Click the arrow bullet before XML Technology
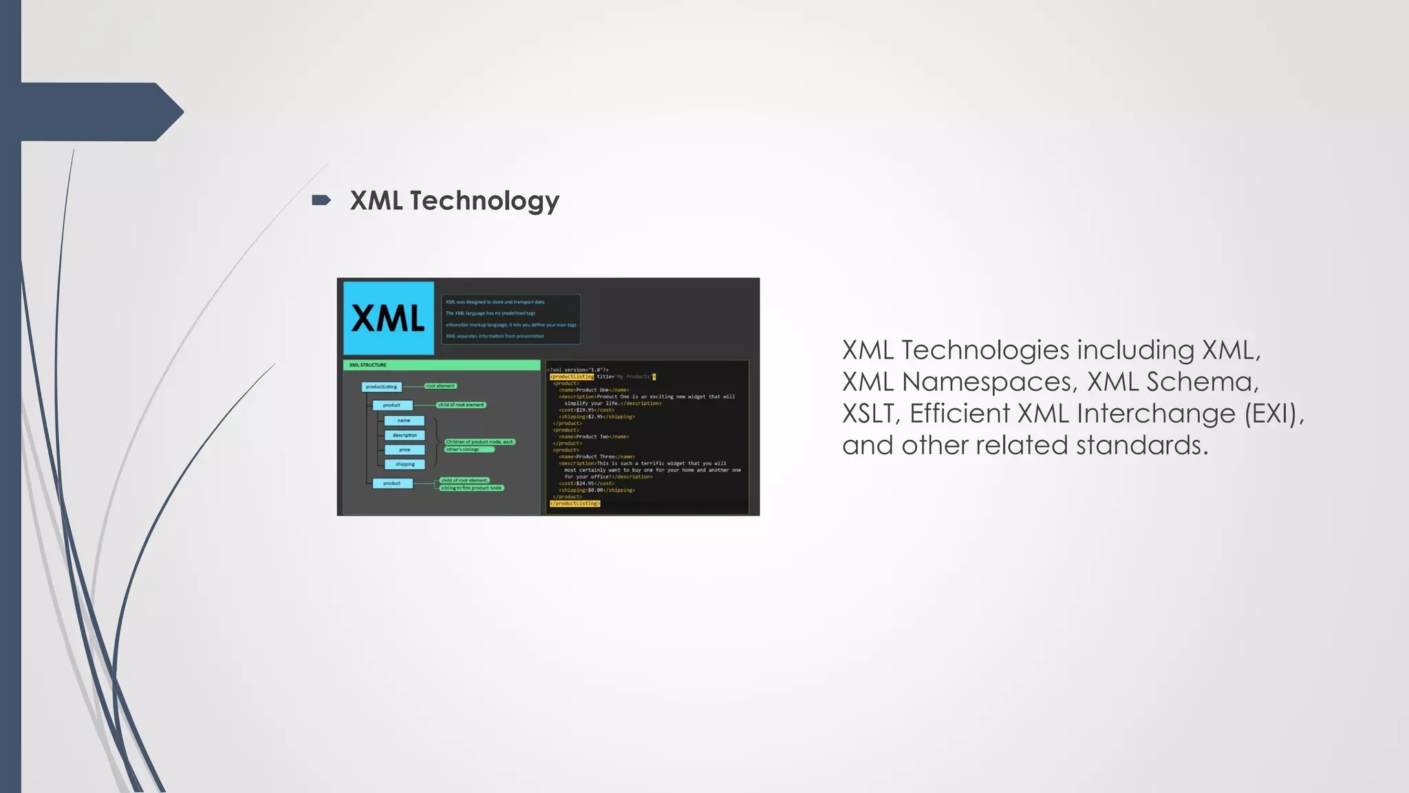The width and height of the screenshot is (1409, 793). click(321, 200)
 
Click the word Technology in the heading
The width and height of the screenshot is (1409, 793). click(484, 201)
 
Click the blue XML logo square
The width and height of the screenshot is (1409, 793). click(389, 318)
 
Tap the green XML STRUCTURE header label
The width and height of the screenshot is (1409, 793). click(368, 365)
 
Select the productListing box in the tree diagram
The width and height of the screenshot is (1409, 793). click(381, 387)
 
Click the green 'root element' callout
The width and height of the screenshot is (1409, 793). click(440, 386)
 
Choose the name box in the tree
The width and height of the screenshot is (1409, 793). click(404, 421)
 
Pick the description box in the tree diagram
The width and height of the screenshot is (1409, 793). click(405, 435)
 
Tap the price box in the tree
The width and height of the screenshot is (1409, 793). click(405, 450)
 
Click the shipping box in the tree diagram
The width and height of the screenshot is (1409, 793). click(405, 465)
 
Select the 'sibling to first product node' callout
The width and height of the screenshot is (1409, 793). click(471, 488)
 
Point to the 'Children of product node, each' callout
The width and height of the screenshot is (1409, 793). click(480, 442)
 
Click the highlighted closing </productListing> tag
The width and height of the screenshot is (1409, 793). click(574, 504)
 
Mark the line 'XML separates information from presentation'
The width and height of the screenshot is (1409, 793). click(495, 337)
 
